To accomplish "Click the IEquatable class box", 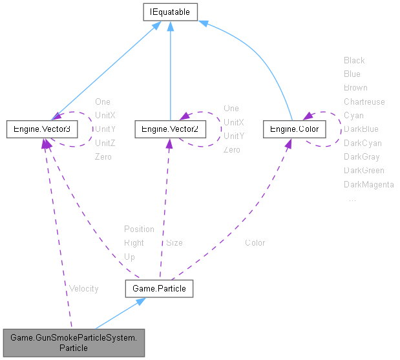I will pyautogui.click(x=170, y=12).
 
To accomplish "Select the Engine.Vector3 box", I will pyautogui.click(x=41, y=129).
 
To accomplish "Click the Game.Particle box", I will pyautogui.click(x=159, y=288).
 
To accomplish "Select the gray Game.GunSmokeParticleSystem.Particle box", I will pyautogui.click(x=74, y=342).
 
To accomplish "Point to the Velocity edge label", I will pyautogui.click(x=83, y=288).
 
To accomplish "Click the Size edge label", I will pyautogui.click(x=174, y=243).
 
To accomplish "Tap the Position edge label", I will pyautogui.click(x=139, y=229).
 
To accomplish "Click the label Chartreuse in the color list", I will pyautogui.click(x=364, y=101).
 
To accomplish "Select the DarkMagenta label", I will pyautogui.click(x=368, y=185).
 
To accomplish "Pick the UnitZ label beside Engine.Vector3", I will pyautogui.click(x=105, y=143).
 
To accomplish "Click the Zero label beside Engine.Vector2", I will pyautogui.click(x=232, y=150).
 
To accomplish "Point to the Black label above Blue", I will pyautogui.click(x=354, y=60).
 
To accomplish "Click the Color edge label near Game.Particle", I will pyautogui.click(x=255, y=243).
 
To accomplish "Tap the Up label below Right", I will pyautogui.click(x=129, y=257).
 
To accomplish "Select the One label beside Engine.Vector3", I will pyautogui.click(x=102, y=101).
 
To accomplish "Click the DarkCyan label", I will pyautogui.click(x=363, y=143).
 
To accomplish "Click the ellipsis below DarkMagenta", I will pyautogui.click(x=352, y=199).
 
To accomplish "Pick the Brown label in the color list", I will pyautogui.click(x=355, y=87).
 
